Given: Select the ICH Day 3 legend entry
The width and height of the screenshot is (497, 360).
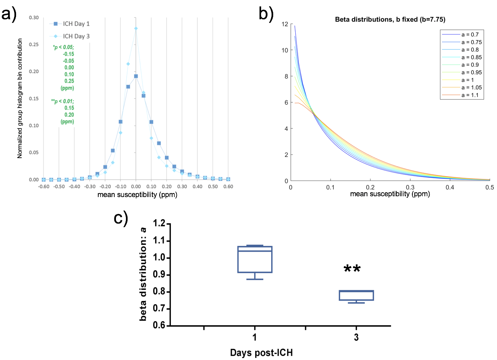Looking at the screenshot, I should pos(72,36).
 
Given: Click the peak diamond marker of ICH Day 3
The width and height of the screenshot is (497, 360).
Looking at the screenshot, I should pos(136,28).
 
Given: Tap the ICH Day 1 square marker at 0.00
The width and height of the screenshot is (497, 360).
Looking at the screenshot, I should pos(136,76).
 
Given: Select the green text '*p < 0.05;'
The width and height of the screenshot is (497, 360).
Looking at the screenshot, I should pos(63,47).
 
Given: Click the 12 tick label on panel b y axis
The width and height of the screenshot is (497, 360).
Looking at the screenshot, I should pos(285,24).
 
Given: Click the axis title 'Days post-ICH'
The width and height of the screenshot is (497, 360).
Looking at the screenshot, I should pos(264,353).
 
